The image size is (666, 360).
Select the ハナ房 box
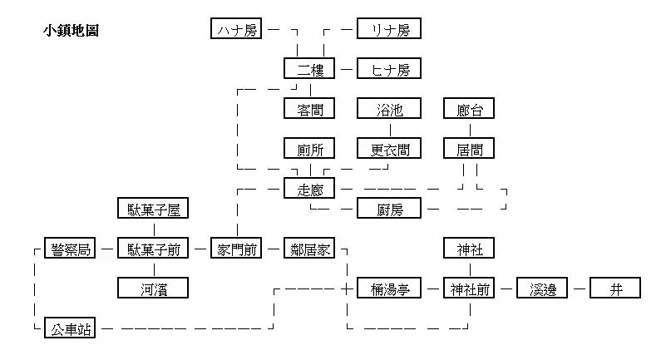coord(237,30)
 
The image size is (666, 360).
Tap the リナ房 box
coord(389,30)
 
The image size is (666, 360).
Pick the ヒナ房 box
coord(389,69)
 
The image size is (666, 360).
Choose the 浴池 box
coord(389,109)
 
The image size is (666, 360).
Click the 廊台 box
coord(470,109)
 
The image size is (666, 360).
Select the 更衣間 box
coord(389,149)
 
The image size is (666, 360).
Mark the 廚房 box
coord(389,209)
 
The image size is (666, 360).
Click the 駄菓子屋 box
coord(155,209)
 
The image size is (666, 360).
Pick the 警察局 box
coord(70,249)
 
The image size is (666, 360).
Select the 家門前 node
coord(237,249)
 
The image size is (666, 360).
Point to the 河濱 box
coord(155,288)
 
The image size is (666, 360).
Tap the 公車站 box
coord(70,329)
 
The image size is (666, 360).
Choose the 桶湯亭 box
coord(389,288)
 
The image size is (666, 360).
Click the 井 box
coord(616,288)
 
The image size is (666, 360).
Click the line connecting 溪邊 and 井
coord(580,288)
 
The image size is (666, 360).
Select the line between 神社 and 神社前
coord(470,269)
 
